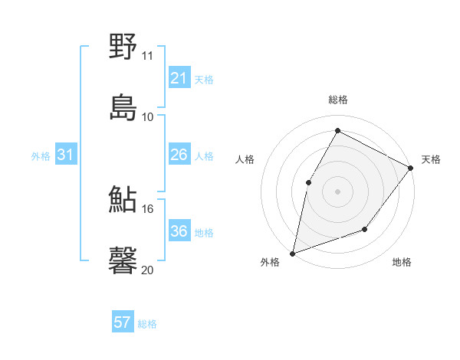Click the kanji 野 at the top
pyautogui.click(x=123, y=47)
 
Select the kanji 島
pyautogui.click(x=123, y=108)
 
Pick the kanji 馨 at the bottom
pyautogui.click(x=123, y=260)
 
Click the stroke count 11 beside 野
pyautogui.click(x=148, y=56)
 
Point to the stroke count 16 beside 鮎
pyautogui.click(x=148, y=208)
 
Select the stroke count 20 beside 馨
pyautogui.click(x=148, y=270)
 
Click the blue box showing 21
pyautogui.click(x=179, y=79)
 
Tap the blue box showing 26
pyautogui.click(x=179, y=155)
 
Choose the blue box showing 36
pyautogui.click(x=179, y=231)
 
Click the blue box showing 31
pyautogui.click(x=65, y=155)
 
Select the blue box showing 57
pyautogui.click(x=122, y=322)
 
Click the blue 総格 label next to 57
pyautogui.click(x=147, y=324)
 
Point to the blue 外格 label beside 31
pyautogui.click(x=41, y=156)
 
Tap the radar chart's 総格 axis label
pyautogui.click(x=337, y=100)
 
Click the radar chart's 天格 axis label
pyautogui.click(x=431, y=159)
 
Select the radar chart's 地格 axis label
pyautogui.click(x=402, y=262)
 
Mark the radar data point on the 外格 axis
pyautogui.click(x=292, y=254)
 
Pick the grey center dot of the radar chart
pyautogui.click(x=337, y=191)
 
